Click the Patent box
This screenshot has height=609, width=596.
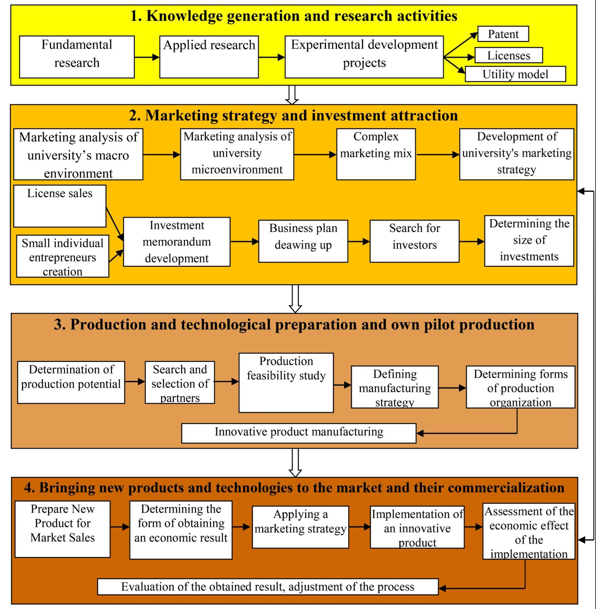point(503,34)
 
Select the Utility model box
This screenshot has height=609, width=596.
point(515,74)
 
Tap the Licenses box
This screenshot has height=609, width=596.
point(508,55)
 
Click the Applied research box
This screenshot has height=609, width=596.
point(209,57)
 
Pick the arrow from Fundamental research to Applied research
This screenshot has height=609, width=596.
point(147,57)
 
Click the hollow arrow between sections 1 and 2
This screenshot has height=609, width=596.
point(292,95)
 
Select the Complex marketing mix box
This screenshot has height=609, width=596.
point(376,154)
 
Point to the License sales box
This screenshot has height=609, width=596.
point(60,206)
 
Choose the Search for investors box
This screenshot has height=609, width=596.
point(414,241)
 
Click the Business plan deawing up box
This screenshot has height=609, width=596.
point(303,241)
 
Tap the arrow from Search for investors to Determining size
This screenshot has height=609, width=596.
point(472,241)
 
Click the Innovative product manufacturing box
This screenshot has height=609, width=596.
point(299,433)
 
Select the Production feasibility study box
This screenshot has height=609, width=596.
point(286,382)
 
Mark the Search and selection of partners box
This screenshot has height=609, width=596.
point(180,382)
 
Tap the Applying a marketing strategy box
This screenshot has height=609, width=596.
point(300,527)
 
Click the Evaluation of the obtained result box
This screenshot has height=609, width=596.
point(268,587)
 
